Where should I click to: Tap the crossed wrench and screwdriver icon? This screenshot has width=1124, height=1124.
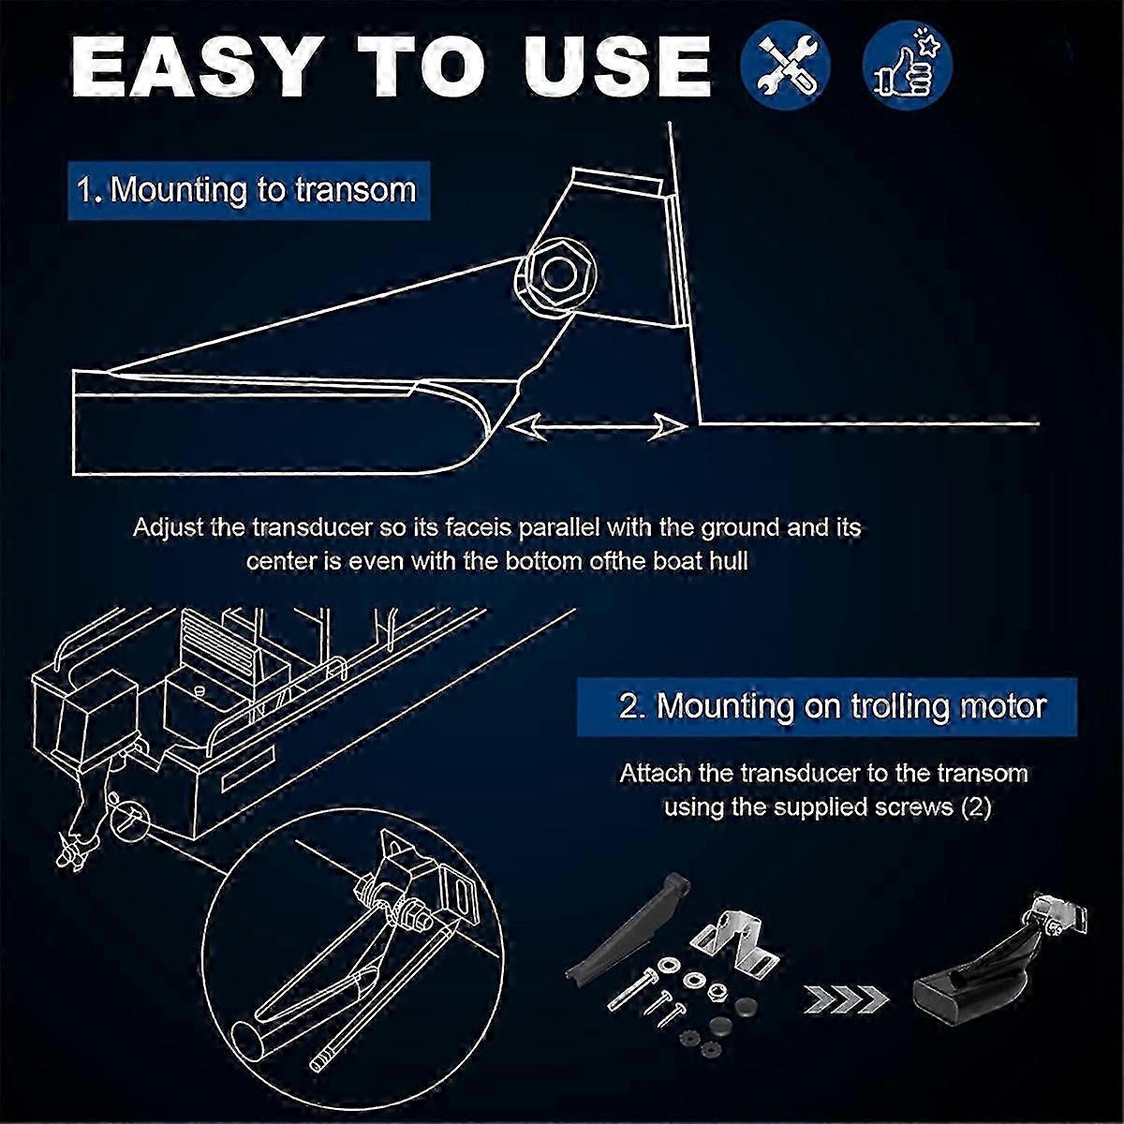[x=785, y=67]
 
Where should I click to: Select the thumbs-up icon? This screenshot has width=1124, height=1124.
[x=908, y=67]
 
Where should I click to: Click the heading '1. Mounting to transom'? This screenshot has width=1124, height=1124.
[x=248, y=191]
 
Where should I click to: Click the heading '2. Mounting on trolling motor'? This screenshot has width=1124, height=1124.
[x=827, y=706]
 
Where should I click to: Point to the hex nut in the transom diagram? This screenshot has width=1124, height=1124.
[x=555, y=276]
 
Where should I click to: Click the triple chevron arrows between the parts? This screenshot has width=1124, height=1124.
[x=847, y=999]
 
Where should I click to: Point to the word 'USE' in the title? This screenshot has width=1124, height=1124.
[x=616, y=67]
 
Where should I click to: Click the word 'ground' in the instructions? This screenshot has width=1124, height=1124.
[x=740, y=529]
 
